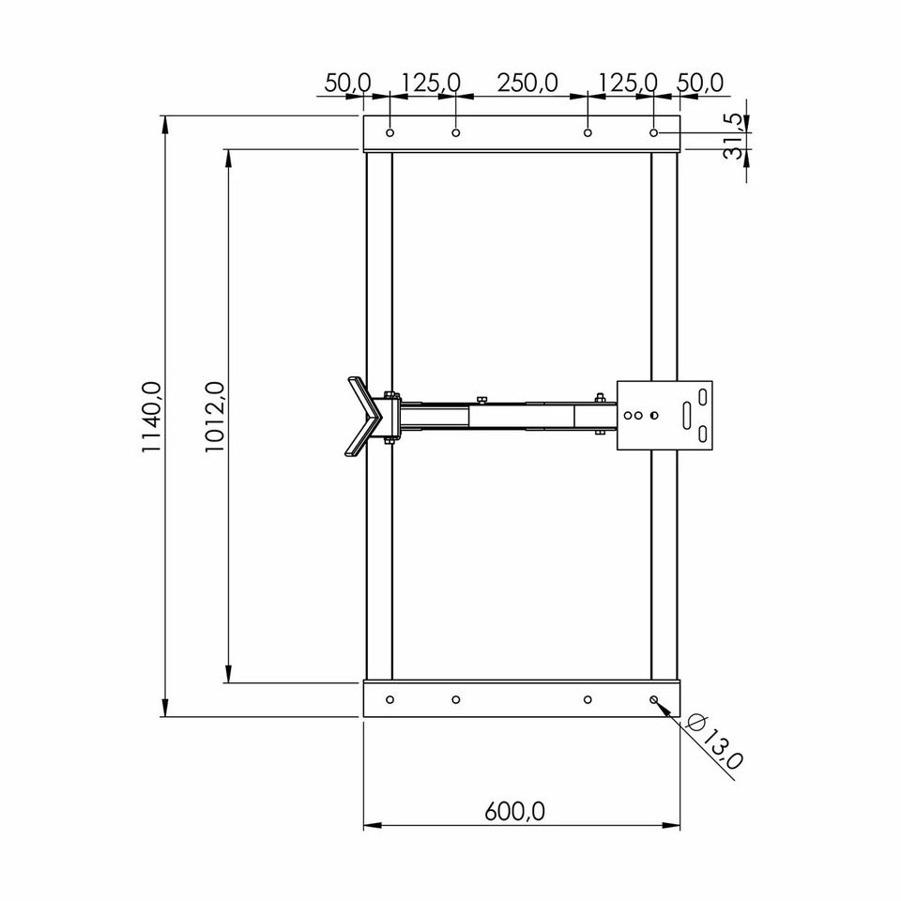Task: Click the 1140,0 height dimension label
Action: pyautogui.click(x=152, y=416)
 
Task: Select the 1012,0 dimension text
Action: pyautogui.click(x=214, y=416)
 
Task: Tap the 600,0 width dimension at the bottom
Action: pyautogui.click(x=514, y=812)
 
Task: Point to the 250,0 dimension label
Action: pyautogui.click(x=527, y=84)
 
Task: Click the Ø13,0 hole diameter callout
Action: pyautogui.click(x=715, y=741)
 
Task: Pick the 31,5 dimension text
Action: pyautogui.click(x=734, y=136)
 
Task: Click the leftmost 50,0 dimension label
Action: pyautogui.click(x=347, y=84)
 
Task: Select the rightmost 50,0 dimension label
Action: pyautogui.click(x=700, y=84)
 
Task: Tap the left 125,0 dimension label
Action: pyautogui.click(x=431, y=84)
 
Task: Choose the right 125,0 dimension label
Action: pyautogui.click(x=628, y=84)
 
